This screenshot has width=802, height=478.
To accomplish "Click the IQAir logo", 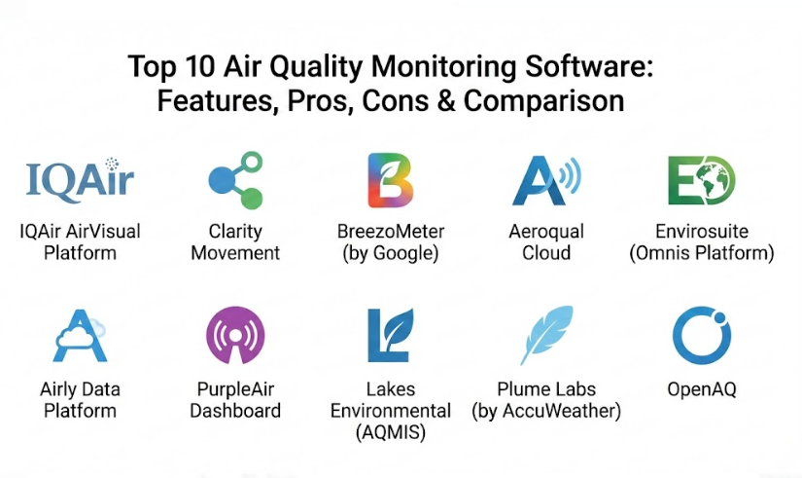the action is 80,180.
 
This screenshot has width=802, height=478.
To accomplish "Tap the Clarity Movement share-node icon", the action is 236,180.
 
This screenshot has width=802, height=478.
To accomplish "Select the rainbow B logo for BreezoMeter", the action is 390,180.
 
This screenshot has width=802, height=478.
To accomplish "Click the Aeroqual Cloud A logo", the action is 546,180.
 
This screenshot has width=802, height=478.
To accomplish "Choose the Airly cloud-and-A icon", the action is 81,336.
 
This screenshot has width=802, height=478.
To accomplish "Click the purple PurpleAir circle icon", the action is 235,335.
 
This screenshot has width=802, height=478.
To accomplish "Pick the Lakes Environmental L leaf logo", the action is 390,336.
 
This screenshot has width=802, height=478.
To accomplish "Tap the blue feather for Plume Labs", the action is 546,335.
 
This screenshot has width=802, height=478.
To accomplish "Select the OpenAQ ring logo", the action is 702,336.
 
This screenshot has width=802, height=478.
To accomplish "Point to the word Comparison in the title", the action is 543,101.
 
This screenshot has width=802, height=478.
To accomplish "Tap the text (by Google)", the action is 390,253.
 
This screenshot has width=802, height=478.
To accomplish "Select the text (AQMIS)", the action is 390,432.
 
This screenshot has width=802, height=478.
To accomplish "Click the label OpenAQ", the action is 702,389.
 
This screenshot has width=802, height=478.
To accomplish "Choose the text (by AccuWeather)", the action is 546,411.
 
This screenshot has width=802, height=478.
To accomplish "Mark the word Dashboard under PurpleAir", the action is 235,411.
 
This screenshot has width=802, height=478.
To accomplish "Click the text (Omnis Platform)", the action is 702,253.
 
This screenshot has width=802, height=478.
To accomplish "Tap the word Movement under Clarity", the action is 235,253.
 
